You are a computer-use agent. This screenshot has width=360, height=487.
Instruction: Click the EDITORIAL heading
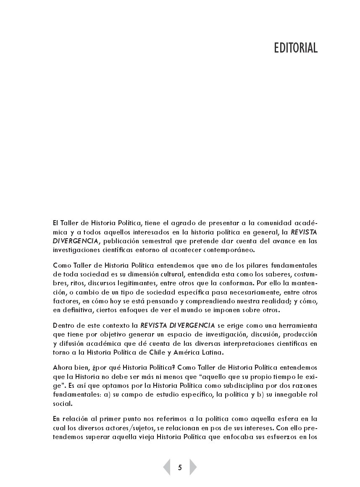tap(296, 48)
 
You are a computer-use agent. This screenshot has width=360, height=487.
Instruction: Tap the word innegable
tap(285, 395)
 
